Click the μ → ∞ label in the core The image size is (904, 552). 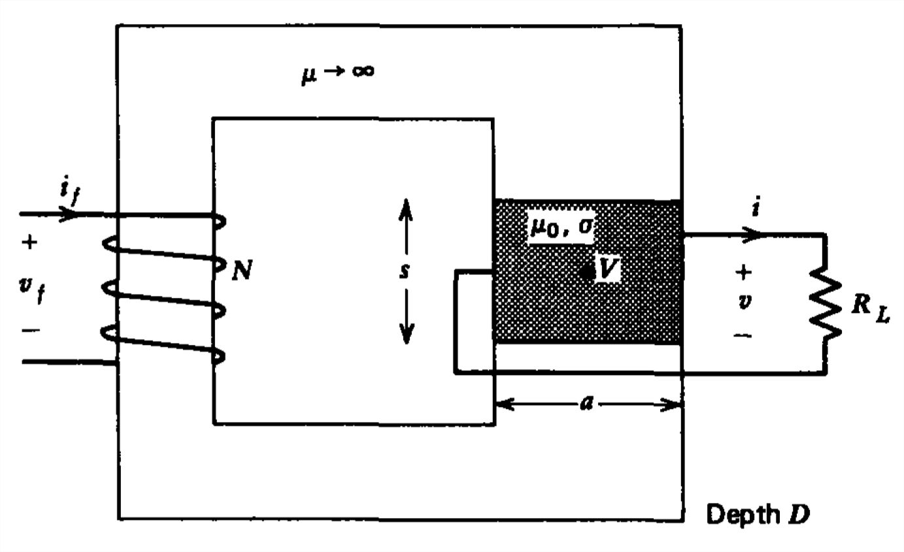pyautogui.click(x=337, y=73)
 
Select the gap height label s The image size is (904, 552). pyautogui.click(x=405, y=271)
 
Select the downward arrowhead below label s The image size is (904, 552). pyautogui.click(x=406, y=336)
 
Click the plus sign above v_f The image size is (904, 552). pyautogui.click(x=29, y=243)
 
